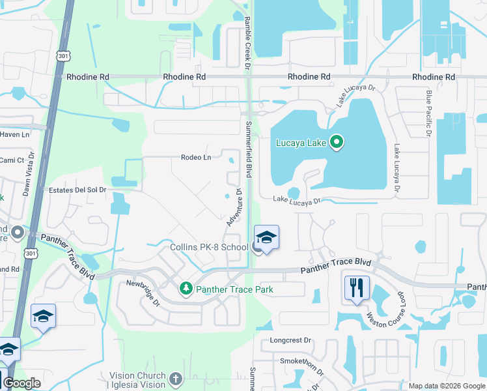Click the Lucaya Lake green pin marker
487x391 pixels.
337,141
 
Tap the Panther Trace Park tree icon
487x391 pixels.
186,287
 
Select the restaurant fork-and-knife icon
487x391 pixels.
356,287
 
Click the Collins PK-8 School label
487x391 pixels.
208,247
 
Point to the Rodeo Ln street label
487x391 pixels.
196,157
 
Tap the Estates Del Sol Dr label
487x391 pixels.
77,190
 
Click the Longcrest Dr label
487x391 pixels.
291,340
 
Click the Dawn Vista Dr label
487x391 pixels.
27,179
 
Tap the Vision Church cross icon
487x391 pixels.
174,379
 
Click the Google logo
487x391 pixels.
21,384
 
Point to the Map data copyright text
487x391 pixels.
447,386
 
